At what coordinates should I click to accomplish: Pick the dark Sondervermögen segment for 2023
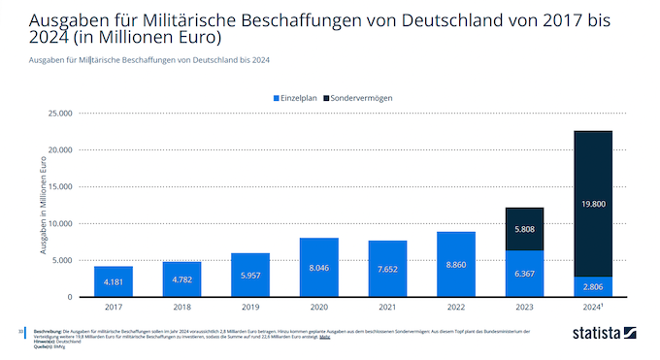pos(524,229)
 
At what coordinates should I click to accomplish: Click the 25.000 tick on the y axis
pos(59,114)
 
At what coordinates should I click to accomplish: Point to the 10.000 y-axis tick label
pos(59,224)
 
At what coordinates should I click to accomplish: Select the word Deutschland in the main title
pos(378,18)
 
